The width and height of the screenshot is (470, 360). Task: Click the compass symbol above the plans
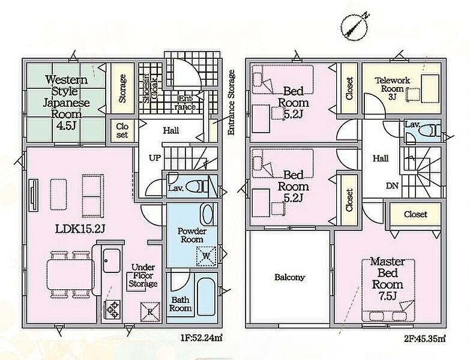[x=354, y=26]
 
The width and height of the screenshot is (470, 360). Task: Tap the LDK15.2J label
[x=80, y=229]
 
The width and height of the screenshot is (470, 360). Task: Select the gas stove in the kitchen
[x=112, y=310]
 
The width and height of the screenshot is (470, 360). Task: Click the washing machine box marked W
[x=206, y=256]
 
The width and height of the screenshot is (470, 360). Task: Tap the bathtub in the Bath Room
[x=206, y=297]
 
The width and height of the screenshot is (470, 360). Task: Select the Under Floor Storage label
[x=143, y=275]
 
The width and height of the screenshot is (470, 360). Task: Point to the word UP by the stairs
[x=155, y=158]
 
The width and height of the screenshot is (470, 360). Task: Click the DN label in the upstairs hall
[x=392, y=186]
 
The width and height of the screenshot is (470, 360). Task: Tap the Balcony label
[x=289, y=277]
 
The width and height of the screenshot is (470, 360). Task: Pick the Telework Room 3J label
[x=393, y=89]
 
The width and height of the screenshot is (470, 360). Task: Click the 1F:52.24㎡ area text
[x=201, y=338]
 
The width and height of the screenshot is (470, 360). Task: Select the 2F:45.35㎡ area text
[x=424, y=338]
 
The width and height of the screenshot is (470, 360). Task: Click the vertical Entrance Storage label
[x=231, y=103]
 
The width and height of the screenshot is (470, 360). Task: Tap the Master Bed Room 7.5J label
[x=388, y=279]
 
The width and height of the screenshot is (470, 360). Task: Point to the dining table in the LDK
[x=70, y=275]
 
